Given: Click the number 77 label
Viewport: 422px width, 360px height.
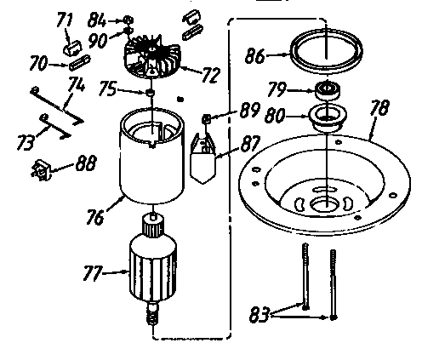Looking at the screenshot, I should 91,273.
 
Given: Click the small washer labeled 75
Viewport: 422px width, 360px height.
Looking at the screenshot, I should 149,92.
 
